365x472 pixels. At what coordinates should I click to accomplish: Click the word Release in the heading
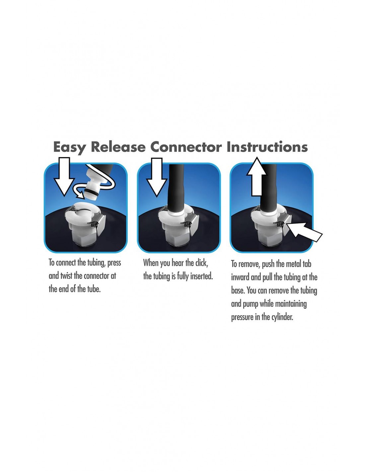click(118, 147)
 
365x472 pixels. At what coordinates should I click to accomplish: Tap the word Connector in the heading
click(186, 147)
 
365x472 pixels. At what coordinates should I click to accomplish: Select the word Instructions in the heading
click(267, 147)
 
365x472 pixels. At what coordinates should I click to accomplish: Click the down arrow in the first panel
click(64, 177)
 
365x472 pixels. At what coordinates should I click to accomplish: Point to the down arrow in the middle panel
click(157, 177)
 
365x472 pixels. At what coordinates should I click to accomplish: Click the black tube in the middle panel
click(176, 188)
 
